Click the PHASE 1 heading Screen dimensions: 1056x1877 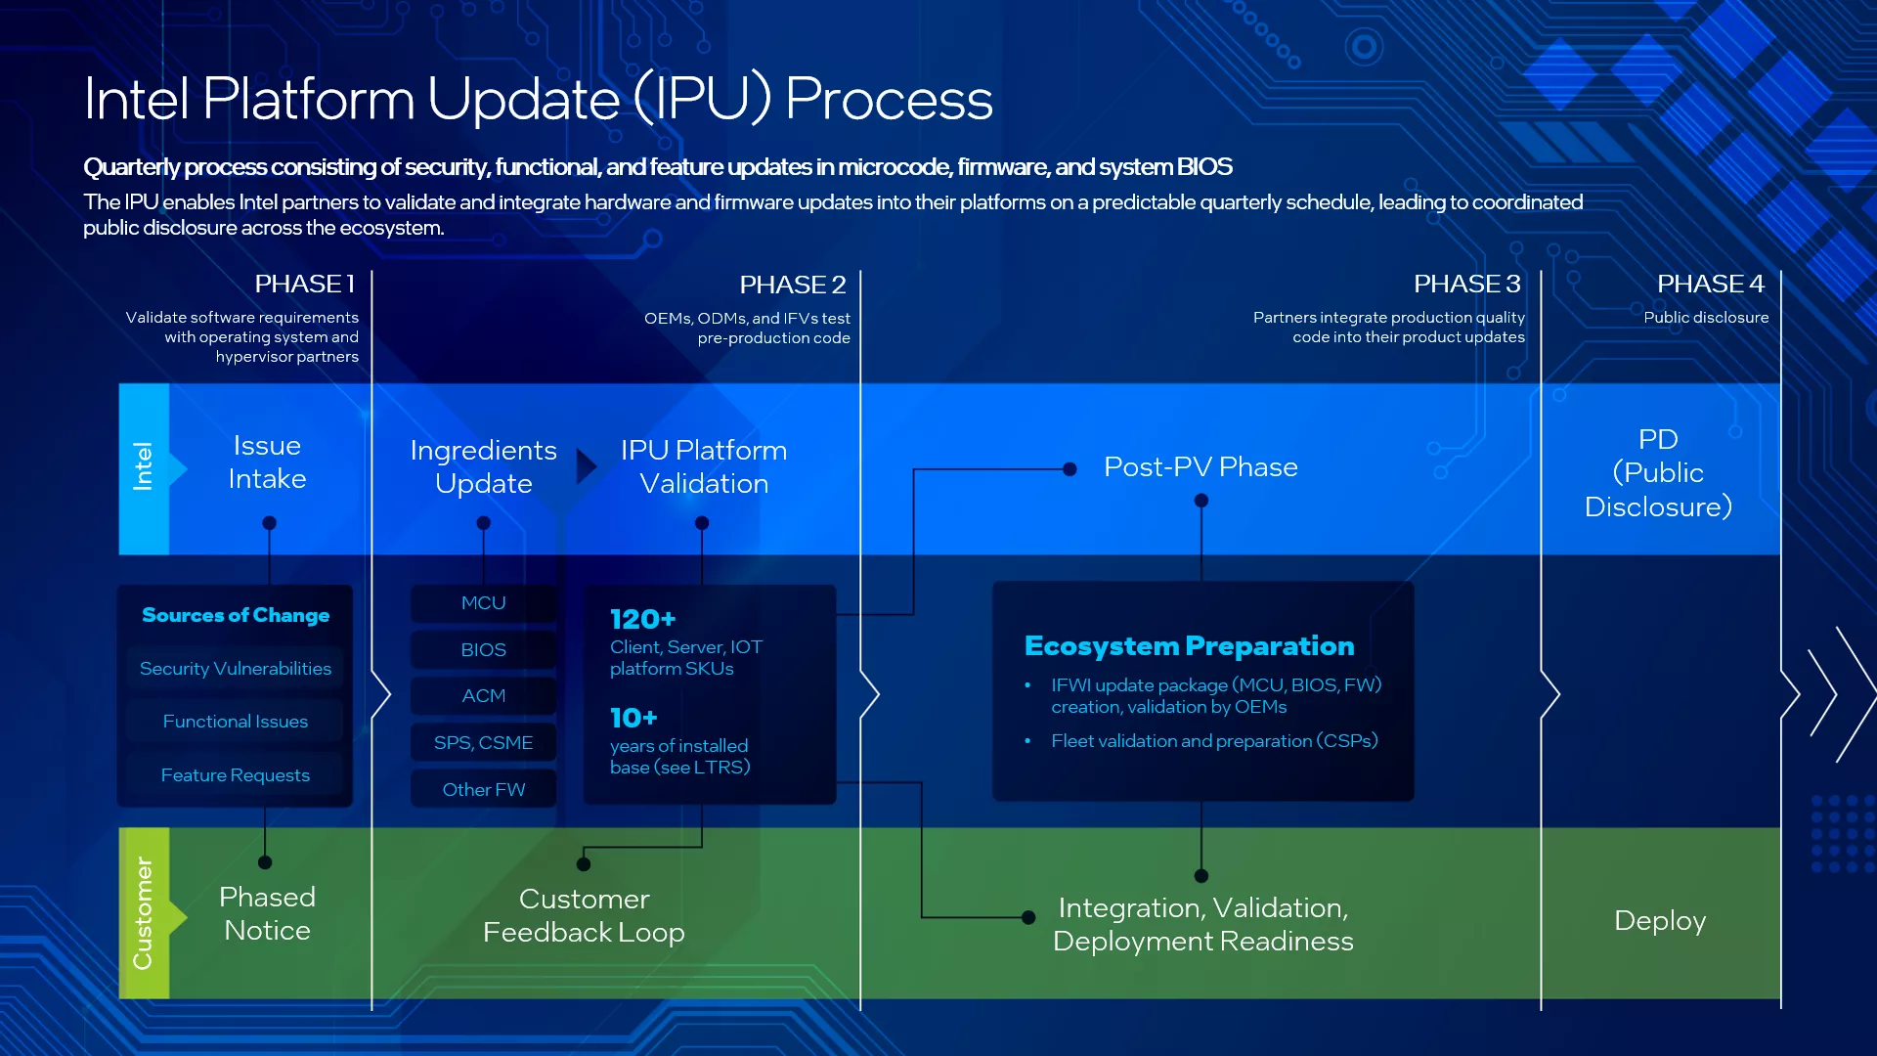[x=304, y=285]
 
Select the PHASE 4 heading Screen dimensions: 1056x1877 [x=1710, y=285]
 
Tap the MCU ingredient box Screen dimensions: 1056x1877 [x=483, y=603]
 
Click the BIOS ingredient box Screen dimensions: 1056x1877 [x=483, y=650]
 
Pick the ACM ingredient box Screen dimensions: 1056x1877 [x=483, y=696]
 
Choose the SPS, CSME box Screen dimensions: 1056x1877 [x=483, y=743]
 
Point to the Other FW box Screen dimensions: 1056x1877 [x=483, y=790]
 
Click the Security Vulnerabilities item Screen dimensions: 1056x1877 [x=236, y=669]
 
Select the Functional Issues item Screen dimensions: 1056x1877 [x=236, y=722]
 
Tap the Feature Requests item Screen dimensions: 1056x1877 [x=236, y=775]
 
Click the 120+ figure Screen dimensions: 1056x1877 [x=642, y=620]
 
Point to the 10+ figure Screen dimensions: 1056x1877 [x=633, y=719]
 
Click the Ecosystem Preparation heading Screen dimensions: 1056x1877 [x=1189, y=646]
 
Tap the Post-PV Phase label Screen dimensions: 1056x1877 [x=1200, y=467]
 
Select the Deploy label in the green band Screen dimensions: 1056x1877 [x=1660, y=921]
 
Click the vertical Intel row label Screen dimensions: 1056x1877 [x=143, y=466]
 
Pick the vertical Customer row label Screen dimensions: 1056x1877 [x=143, y=913]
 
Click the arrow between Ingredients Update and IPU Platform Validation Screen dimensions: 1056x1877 [x=586, y=466]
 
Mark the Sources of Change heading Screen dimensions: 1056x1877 [x=236, y=615]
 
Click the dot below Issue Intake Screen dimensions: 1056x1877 [x=270, y=523]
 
